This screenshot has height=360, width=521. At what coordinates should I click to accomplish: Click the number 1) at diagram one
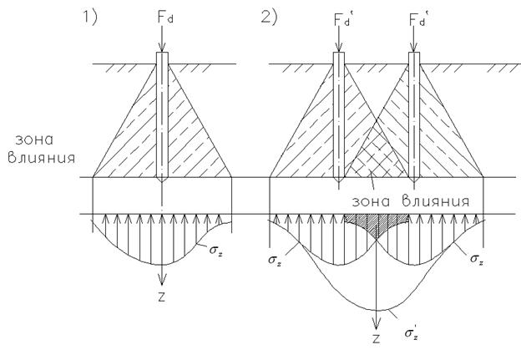89,17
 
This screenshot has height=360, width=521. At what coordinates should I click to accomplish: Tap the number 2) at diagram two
269,17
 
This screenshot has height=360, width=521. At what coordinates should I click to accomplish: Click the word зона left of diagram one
34,140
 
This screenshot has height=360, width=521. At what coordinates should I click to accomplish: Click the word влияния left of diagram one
42,158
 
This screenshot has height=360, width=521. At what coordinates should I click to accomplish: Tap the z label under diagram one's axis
161,297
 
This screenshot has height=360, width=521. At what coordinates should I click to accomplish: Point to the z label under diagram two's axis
376,338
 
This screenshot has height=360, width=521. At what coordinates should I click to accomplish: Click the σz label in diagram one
216,250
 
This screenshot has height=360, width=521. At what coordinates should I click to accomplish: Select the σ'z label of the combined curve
412,332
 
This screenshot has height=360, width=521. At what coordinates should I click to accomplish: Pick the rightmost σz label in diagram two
477,259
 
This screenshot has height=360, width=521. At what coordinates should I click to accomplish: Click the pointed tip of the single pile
162,182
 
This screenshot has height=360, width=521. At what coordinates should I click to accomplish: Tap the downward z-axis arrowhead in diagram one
162,279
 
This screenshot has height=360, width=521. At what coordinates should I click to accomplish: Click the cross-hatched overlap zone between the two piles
377,153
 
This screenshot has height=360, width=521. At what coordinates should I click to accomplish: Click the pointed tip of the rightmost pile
414,181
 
